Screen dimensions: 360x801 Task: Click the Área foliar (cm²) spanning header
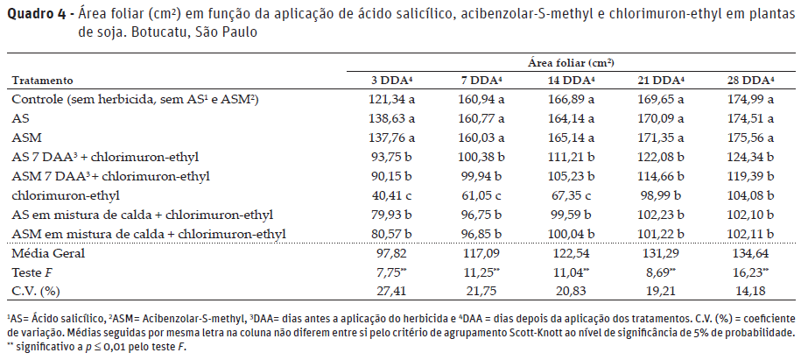pos(570,63)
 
